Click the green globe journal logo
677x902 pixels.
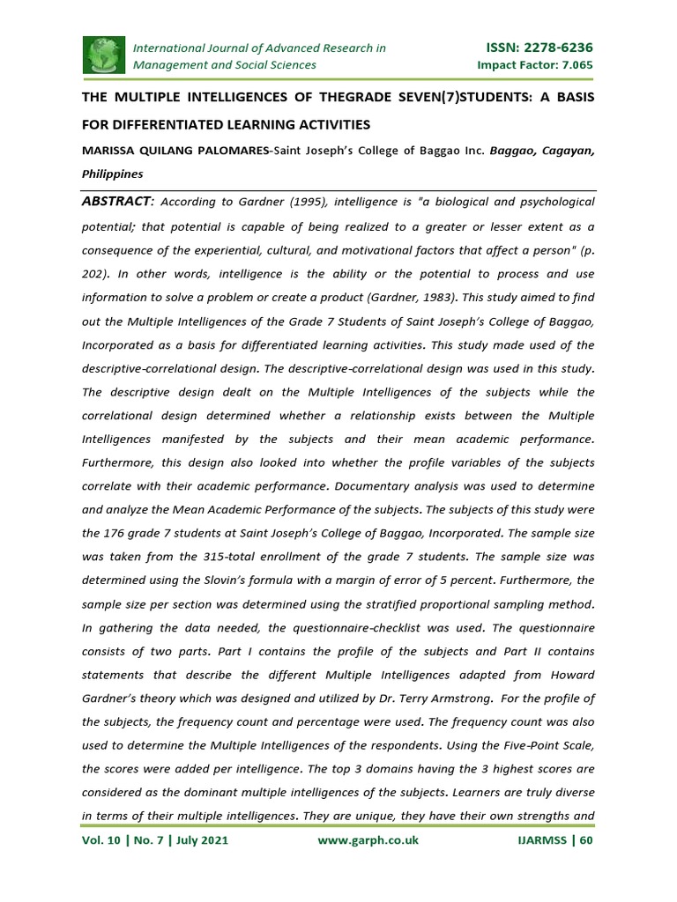click(x=104, y=55)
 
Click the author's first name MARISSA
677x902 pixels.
click(x=110, y=152)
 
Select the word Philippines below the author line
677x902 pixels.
click(x=113, y=174)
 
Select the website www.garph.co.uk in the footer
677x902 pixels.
click(x=368, y=840)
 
